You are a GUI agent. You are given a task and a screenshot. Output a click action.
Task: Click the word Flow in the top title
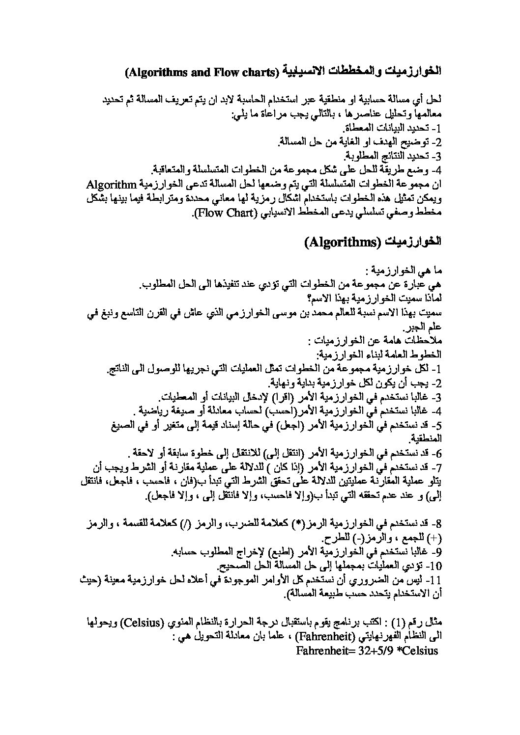click(x=213, y=73)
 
